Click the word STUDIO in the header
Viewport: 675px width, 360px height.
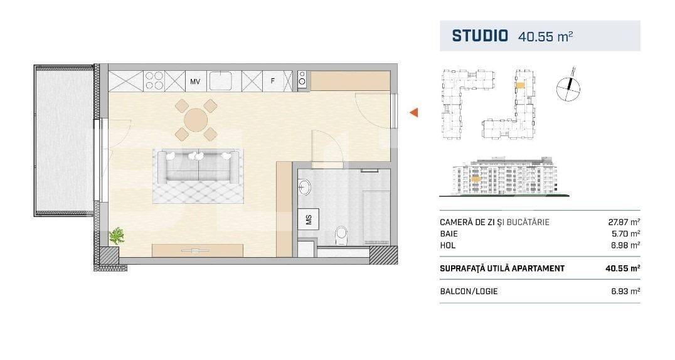point(480,36)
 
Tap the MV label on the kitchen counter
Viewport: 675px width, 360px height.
point(195,82)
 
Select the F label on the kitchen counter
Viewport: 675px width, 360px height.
point(272,80)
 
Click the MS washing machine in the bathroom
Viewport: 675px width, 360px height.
point(309,219)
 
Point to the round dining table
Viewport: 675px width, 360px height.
point(196,120)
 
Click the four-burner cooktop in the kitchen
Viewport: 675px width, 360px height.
point(154,80)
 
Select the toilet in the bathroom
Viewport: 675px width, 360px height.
point(341,236)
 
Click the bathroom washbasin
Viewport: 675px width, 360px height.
point(304,188)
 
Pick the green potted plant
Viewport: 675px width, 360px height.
point(117,236)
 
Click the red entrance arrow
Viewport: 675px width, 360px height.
point(413,113)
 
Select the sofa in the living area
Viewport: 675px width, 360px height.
point(198,167)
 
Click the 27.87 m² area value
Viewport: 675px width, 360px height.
point(624,222)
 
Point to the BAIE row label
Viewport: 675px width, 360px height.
point(449,234)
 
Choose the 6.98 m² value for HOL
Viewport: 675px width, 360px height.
point(625,245)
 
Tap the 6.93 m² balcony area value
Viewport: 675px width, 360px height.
point(625,291)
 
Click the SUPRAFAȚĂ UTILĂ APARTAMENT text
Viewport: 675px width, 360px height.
point(502,268)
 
